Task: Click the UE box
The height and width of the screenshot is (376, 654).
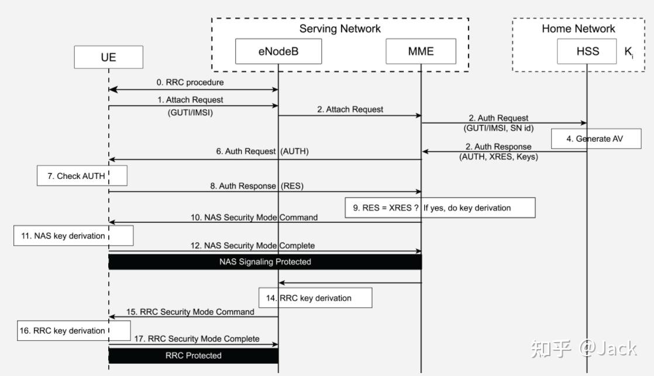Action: coord(108,57)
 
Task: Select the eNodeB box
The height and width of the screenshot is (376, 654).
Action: coord(278,51)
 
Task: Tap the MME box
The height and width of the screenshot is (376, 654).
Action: coord(421,51)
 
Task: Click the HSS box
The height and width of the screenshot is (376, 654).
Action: coord(587,51)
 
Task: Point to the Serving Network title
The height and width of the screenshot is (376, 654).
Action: coord(340,29)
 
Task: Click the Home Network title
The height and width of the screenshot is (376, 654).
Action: coord(578,29)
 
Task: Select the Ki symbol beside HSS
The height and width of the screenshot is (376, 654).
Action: coord(628,51)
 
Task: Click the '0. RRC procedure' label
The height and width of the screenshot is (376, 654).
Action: coord(193,82)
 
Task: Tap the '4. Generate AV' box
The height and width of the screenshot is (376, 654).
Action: coord(596,139)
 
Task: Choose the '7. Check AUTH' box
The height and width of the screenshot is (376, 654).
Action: coord(82,176)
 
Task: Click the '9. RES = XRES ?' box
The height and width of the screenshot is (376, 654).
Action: coord(439,208)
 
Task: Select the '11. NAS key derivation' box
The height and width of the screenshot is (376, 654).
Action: coord(74,236)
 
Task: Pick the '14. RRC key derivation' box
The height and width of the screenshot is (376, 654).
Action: coord(316,298)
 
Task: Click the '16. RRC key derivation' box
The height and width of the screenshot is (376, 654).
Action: coord(74,330)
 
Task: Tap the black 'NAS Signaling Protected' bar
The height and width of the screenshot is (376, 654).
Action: coord(265,262)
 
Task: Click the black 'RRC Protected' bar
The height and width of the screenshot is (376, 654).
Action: coord(193,355)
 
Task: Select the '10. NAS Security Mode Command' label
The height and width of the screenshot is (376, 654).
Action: coord(254,217)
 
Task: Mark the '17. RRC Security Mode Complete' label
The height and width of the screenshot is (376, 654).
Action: coord(197,339)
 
